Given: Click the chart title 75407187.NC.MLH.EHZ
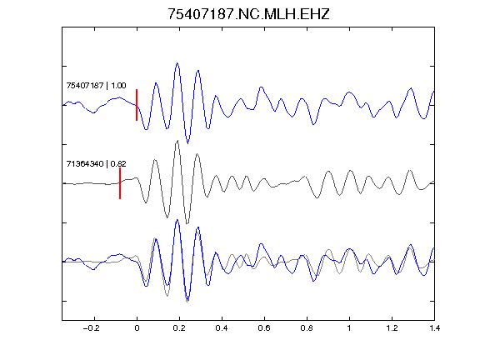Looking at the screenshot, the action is click(x=248, y=14).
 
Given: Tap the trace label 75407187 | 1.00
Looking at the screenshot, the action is click(x=96, y=85).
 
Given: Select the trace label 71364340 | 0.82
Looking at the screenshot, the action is click(x=96, y=164).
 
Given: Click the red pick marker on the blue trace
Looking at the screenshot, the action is click(x=137, y=105).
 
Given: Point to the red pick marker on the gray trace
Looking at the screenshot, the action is click(x=120, y=183).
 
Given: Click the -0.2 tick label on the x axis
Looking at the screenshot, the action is click(x=91, y=328).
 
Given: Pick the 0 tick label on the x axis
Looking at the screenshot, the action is click(x=137, y=328).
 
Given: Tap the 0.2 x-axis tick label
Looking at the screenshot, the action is click(x=179, y=328).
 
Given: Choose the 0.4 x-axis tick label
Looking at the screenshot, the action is click(x=222, y=328).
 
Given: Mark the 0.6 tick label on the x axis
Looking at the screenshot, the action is click(x=264, y=328).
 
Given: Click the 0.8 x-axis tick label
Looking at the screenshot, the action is click(x=307, y=328).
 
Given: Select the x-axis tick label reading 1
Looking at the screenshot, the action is click(x=349, y=328).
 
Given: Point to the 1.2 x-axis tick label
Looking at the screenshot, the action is click(x=392, y=328).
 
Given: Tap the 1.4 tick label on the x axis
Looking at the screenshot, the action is click(x=434, y=328).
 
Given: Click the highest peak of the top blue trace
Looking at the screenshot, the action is click(x=177, y=63).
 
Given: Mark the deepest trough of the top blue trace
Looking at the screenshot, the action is click(x=187, y=143).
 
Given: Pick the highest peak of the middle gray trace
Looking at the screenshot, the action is click(x=177, y=141).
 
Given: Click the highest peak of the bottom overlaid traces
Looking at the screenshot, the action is click(x=177, y=220).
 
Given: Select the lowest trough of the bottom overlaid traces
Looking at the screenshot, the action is click(x=187, y=302).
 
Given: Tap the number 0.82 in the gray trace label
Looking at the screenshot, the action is click(x=118, y=164).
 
